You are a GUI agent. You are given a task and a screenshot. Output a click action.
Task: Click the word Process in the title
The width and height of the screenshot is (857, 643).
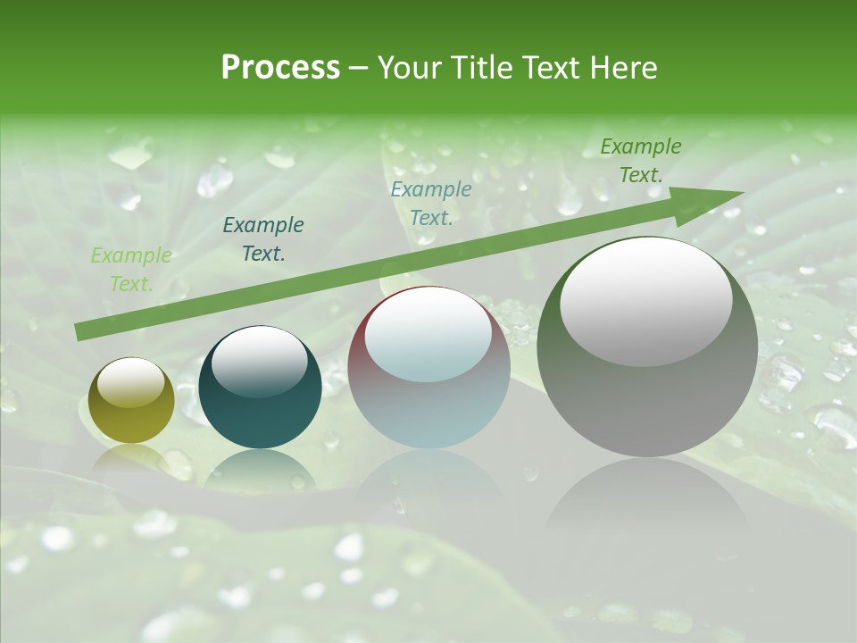click(280, 68)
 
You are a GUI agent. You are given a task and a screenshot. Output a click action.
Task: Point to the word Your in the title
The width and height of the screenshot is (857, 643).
click(410, 68)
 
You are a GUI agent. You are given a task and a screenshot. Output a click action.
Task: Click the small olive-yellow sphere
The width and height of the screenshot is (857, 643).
click(131, 401)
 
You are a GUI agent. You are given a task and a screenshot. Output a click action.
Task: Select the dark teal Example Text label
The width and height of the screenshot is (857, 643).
click(263, 239)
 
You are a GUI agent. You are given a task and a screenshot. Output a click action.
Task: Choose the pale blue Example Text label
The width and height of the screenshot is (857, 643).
click(431, 204)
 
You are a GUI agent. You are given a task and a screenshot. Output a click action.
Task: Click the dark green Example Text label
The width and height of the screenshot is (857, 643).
click(641, 161)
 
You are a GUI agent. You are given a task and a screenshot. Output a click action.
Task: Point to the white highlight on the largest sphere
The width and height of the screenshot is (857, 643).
click(645, 300)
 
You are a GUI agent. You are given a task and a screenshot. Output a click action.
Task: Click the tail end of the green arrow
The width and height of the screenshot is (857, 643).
click(82, 332)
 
